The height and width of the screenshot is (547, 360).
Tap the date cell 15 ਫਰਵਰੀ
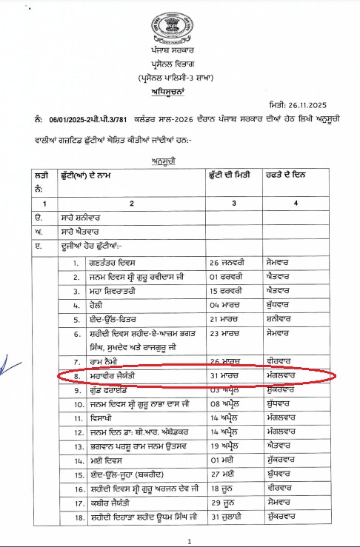[227, 290]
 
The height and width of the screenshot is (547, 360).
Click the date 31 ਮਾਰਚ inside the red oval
[225, 376]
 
